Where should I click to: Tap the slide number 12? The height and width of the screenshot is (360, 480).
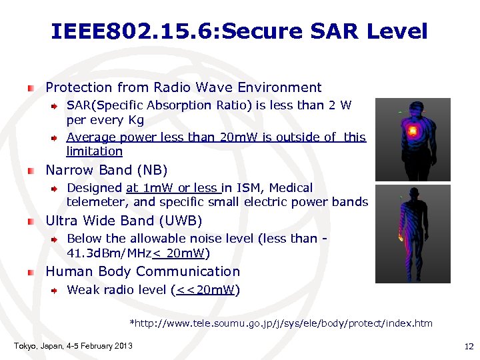[x=467, y=346]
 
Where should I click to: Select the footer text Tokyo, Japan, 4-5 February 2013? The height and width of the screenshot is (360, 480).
[x=73, y=345]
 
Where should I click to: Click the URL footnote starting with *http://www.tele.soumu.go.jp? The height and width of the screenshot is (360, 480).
[x=281, y=323]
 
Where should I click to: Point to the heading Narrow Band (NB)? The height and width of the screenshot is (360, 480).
[x=106, y=170]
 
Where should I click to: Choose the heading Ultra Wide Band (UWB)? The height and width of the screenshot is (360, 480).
[x=123, y=221]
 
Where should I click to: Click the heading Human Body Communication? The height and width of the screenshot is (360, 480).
[x=142, y=271]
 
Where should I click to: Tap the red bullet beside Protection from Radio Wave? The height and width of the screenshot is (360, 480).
[x=31, y=88]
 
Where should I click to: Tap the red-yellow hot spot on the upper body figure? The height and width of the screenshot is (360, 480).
[x=413, y=131]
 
